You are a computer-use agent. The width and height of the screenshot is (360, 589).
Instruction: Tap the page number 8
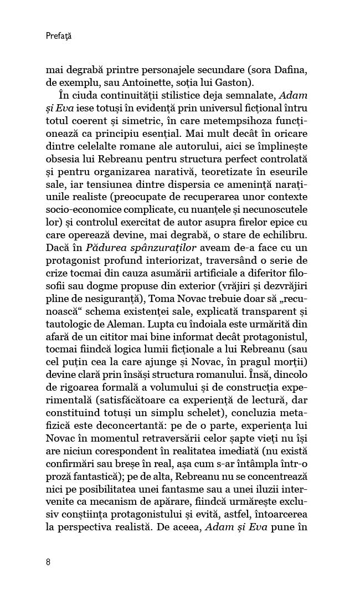pyautogui.click(x=49, y=561)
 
